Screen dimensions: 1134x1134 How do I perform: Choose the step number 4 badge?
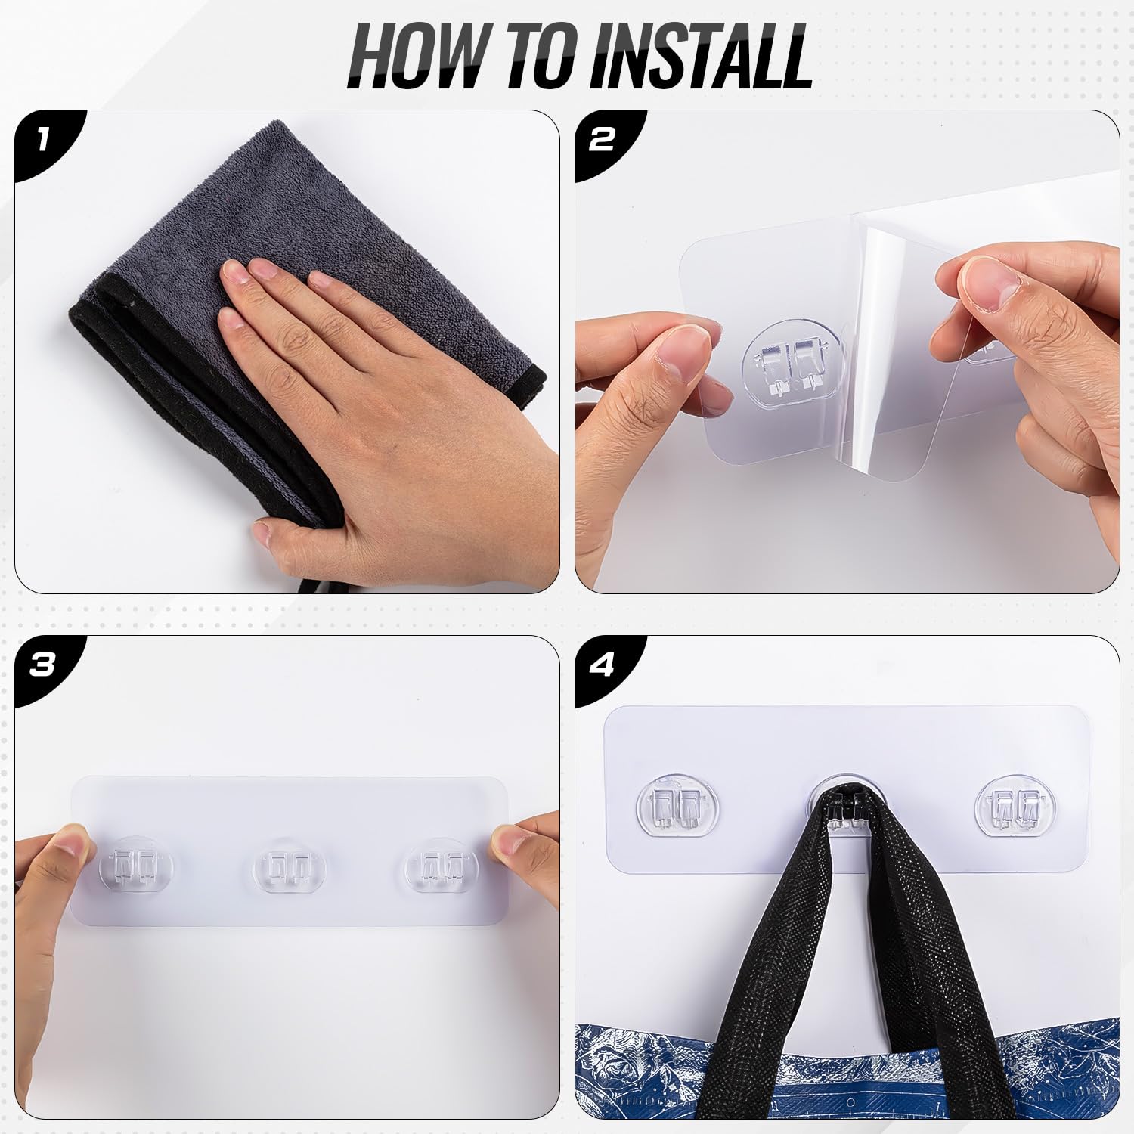(x=605, y=665)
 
